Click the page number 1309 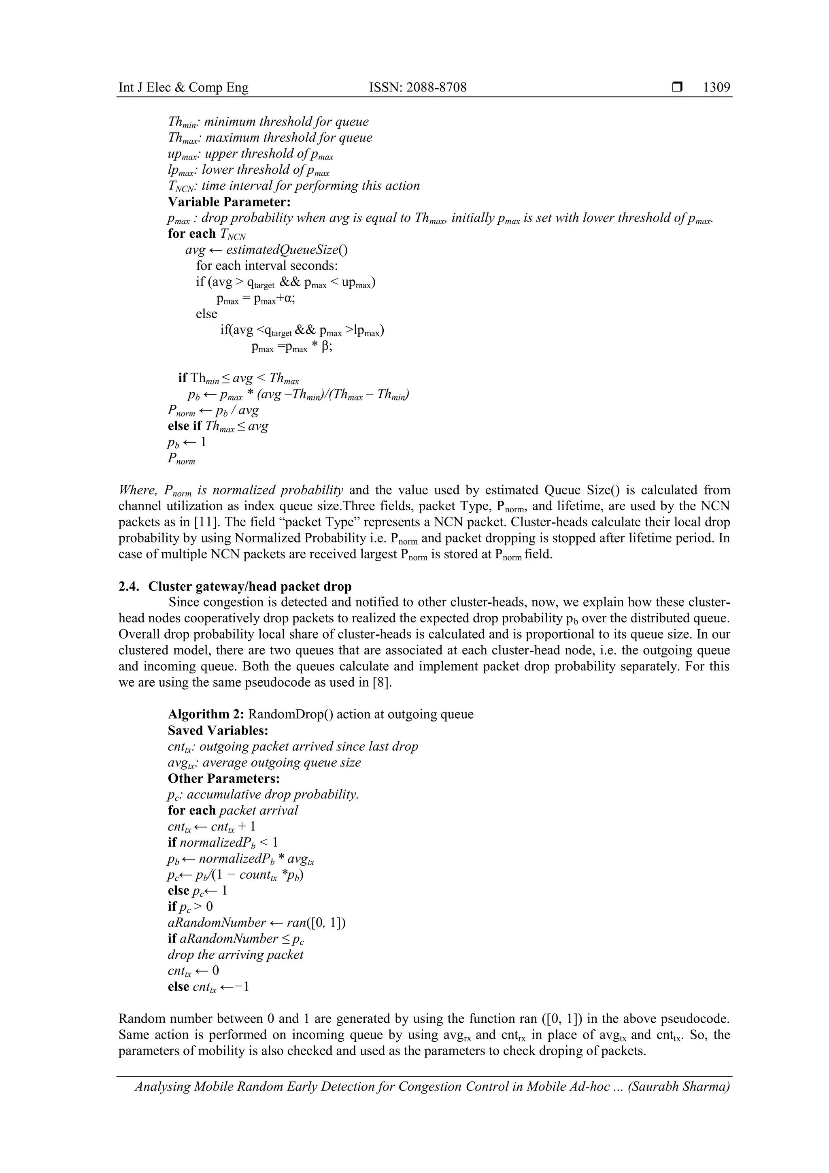[716, 87]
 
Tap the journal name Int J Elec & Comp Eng [183, 87]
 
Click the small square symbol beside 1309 [677, 87]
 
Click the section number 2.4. [129, 586]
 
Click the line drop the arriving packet [236, 955]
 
